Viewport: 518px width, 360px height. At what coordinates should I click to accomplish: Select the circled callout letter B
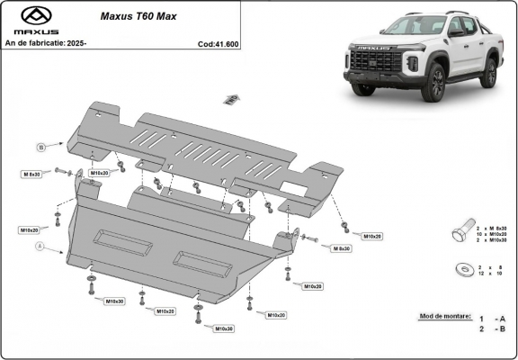pos(40,146)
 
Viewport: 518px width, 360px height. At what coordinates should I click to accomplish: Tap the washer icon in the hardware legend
pos(463,269)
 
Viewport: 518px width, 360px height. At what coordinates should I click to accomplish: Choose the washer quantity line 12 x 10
pos(491,274)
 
